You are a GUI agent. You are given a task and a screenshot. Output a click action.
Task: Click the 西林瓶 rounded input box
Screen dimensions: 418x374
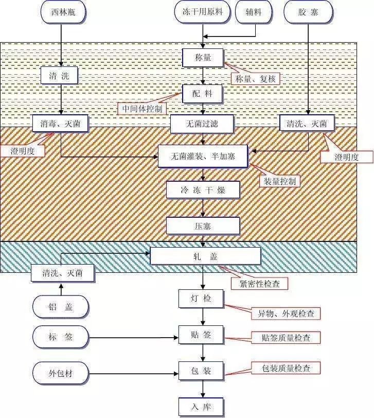coord(61,12)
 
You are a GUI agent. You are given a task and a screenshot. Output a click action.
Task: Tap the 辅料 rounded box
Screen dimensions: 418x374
coord(254,12)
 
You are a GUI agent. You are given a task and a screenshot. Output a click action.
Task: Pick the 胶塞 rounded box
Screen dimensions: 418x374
coord(308,12)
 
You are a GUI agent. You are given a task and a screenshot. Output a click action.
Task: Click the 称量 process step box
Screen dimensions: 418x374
coord(203,58)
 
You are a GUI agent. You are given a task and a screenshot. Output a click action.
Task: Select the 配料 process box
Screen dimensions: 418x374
coord(203,94)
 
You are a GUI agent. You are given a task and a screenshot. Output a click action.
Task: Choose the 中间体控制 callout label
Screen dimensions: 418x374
coord(142,109)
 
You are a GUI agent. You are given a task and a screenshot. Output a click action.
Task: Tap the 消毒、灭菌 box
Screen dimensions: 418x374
coord(60,123)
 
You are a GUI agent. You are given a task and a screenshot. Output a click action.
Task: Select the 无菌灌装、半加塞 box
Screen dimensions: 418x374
coord(203,156)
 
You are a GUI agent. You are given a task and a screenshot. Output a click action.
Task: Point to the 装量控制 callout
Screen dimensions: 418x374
coord(279,181)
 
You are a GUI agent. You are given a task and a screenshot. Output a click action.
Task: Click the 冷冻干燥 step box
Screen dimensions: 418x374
coord(203,190)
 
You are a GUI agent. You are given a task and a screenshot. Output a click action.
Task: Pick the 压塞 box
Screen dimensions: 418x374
coord(203,225)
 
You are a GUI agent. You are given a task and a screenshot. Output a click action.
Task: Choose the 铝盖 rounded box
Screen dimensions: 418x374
coord(61,307)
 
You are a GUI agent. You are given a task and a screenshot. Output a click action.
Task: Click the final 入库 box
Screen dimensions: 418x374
coord(202,407)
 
